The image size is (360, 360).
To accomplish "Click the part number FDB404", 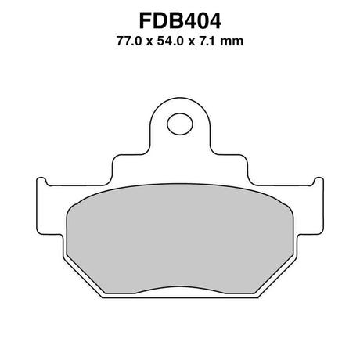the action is coord(180,21).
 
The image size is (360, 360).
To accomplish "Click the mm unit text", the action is coord(232,42).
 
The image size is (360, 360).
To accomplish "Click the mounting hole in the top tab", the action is coord(180,124).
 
